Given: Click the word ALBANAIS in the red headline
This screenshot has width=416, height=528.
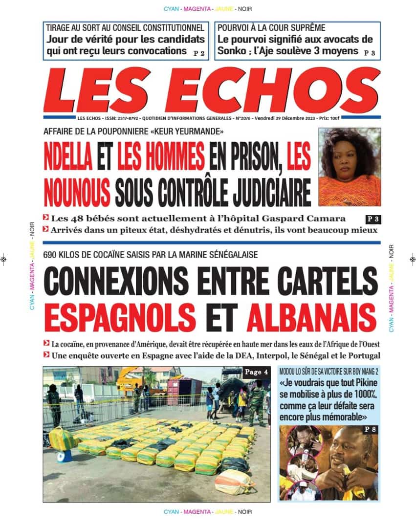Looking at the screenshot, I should click(x=311, y=316).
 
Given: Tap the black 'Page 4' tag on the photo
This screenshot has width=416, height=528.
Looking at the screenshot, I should click(x=256, y=372).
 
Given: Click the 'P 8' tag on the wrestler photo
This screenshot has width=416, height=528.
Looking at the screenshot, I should click(x=369, y=430).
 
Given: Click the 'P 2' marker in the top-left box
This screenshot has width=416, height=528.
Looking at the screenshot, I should click(x=199, y=53).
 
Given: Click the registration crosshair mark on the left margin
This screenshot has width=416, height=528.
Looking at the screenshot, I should click(x=4, y=260).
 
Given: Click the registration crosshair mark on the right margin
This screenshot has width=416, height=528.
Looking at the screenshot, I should click(x=412, y=260).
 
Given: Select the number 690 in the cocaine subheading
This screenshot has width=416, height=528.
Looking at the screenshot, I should click(x=51, y=254).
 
